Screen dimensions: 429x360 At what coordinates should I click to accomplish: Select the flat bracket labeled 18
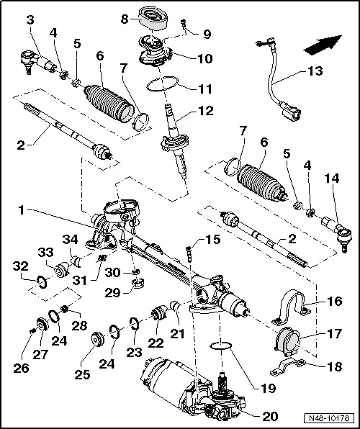[x=290, y=366]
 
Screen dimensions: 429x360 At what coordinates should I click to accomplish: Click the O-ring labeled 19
[x=222, y=349]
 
